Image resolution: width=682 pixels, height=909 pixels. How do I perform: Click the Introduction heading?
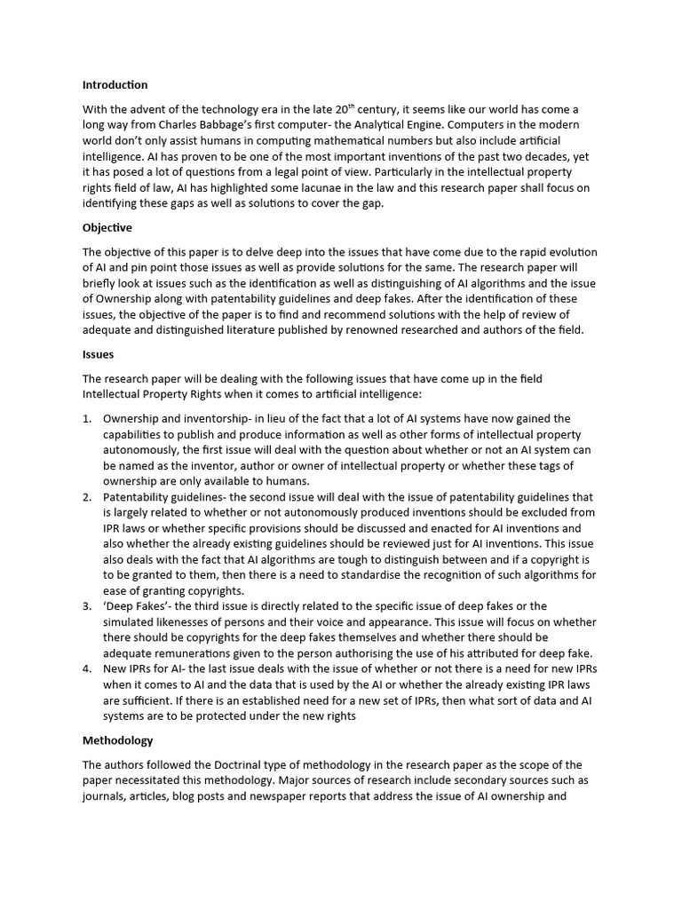pyautogui.click(x=115, y=85)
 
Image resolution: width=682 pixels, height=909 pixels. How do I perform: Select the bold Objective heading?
pyautogui.click(x=107, y=227)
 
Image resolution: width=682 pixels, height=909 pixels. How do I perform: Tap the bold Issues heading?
pyautogui.click(x=98, y=354)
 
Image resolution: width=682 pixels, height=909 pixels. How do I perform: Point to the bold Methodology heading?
pyautogui.click(x=117, y=740)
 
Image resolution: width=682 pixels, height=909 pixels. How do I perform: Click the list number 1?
pyautogui.click(x=86, y=418)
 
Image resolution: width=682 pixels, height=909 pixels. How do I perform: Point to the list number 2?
pyautogui.click(x=86, y=497)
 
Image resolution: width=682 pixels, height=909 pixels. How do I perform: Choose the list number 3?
pyautogui.click(x=86, y=606)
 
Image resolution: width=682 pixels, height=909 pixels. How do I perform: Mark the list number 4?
pyautogui.click(x=86, y=669)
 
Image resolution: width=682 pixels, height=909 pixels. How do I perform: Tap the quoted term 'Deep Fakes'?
pyautogui.click(x=133, y=606)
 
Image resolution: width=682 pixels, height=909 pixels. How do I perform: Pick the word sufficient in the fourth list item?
pyautogui.click(x=139, y=701)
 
